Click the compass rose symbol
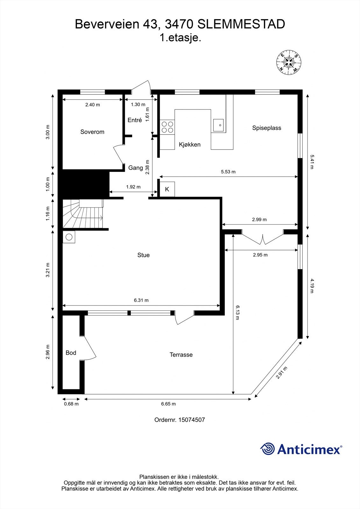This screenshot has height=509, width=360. tap(289, 62)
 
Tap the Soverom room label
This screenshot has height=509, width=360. tap(92, 132)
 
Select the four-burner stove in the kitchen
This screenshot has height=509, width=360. tap(167, 127)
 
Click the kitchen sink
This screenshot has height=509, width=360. tap(218, 125)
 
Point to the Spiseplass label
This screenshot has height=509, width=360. tap(266, 128)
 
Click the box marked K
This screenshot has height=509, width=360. tap(167, 189)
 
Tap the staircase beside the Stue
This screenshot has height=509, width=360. tap(83, 213)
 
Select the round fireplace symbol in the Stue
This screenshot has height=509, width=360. tap(69, 237)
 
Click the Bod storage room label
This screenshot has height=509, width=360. tap(71, 353)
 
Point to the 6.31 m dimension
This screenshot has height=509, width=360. tap(141, 300)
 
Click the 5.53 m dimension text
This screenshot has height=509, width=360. tap(228, 172)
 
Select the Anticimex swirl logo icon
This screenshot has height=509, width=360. tap(267, 449)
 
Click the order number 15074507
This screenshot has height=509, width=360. tap(192, 420)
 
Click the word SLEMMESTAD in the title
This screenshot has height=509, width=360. tap(241, 24)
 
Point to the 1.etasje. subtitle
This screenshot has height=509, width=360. tap(180, 38)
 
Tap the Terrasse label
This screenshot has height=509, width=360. tap(181, 355)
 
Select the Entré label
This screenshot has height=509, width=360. tap(135, 120)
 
